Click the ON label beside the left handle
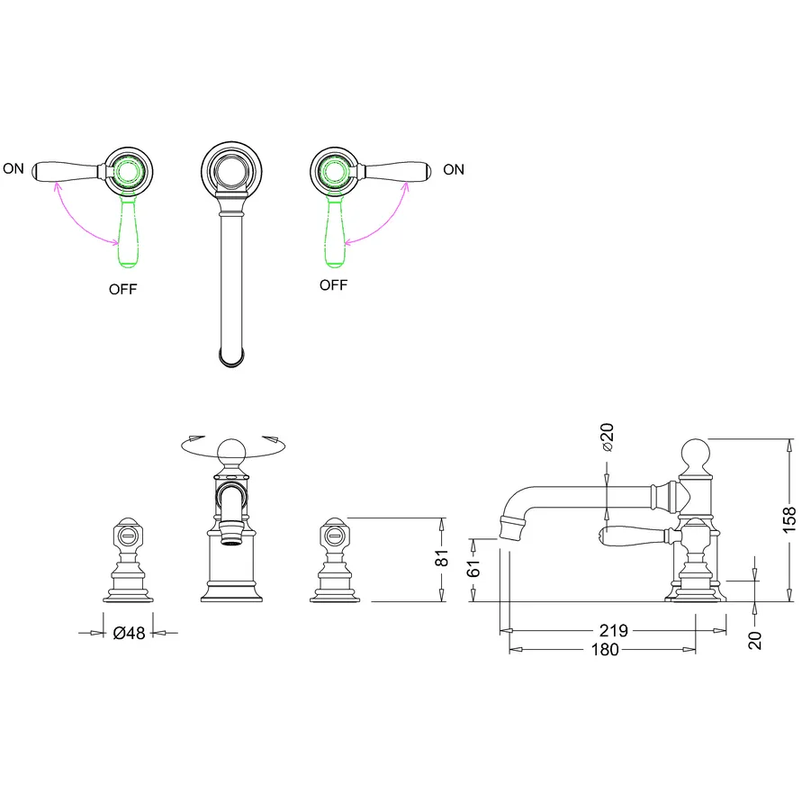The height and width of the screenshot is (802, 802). (14, 168)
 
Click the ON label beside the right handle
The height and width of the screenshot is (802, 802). (454, 169)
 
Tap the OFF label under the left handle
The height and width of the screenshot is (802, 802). (122, 289)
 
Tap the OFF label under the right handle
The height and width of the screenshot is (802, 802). (333, 285)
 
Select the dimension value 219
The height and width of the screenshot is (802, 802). (613, 630)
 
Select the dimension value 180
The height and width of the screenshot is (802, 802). (605, 650)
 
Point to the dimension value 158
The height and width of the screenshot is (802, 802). (789, 519)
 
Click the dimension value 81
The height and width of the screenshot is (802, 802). (441, 557)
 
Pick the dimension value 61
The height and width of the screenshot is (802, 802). (473, 568)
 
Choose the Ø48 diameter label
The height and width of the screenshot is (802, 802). (129, 633)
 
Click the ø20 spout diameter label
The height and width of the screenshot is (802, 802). (608, 437)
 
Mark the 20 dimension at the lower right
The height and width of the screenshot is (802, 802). (755, 640)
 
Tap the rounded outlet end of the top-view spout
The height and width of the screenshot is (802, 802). (231, 357)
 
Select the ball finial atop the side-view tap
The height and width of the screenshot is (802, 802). (696, 453)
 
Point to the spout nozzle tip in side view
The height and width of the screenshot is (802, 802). (511, 528)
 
